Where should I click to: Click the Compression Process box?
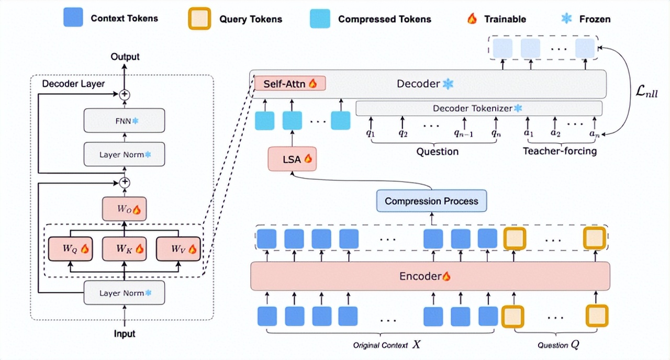point(431,201)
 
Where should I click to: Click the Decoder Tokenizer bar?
point(478,108)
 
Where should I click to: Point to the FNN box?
point(124,120)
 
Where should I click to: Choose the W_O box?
point(124,209)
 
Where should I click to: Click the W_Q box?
point(70,249)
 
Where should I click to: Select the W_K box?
point(124,249)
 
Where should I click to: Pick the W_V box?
point(178,249)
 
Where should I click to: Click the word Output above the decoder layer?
point(125,57)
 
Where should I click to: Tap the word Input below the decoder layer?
point(125,333)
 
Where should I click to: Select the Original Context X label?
point(386,345)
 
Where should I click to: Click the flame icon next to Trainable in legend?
point(472,19)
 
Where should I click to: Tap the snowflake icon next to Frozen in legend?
point(566,19)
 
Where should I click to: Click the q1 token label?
point(371,133)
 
